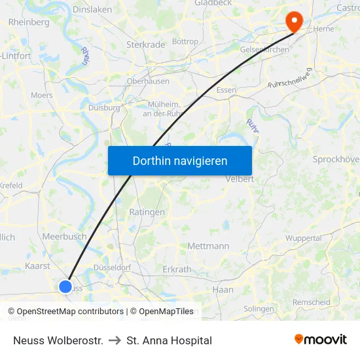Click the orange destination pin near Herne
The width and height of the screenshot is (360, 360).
click(295, 22)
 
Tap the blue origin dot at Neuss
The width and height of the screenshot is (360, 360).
click(65, 286)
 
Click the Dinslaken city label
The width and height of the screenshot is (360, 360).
click(92, 10)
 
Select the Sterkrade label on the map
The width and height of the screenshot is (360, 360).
click(145, 45)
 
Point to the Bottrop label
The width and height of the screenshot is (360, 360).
click(185, 41)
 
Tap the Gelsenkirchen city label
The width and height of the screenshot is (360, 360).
click(265, 50)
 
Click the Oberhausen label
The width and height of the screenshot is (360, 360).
click(148, 81)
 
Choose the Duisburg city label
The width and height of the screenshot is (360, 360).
click(103, 108)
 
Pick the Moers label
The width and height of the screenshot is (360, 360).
click(42, 96)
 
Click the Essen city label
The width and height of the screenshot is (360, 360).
click(226, 90)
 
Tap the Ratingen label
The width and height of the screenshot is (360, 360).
click(147, 212)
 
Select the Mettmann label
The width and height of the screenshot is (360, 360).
click(208, 246)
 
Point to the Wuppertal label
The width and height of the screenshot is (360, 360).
click(303, 238)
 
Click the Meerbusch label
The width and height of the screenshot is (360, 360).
click(64, 236)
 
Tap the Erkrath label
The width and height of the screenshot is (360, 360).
click(177, 269)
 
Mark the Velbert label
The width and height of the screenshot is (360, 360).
click(239, 179)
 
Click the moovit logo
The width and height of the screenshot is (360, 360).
click(321, 340)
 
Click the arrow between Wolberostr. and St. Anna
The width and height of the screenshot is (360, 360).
click(115, 340)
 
